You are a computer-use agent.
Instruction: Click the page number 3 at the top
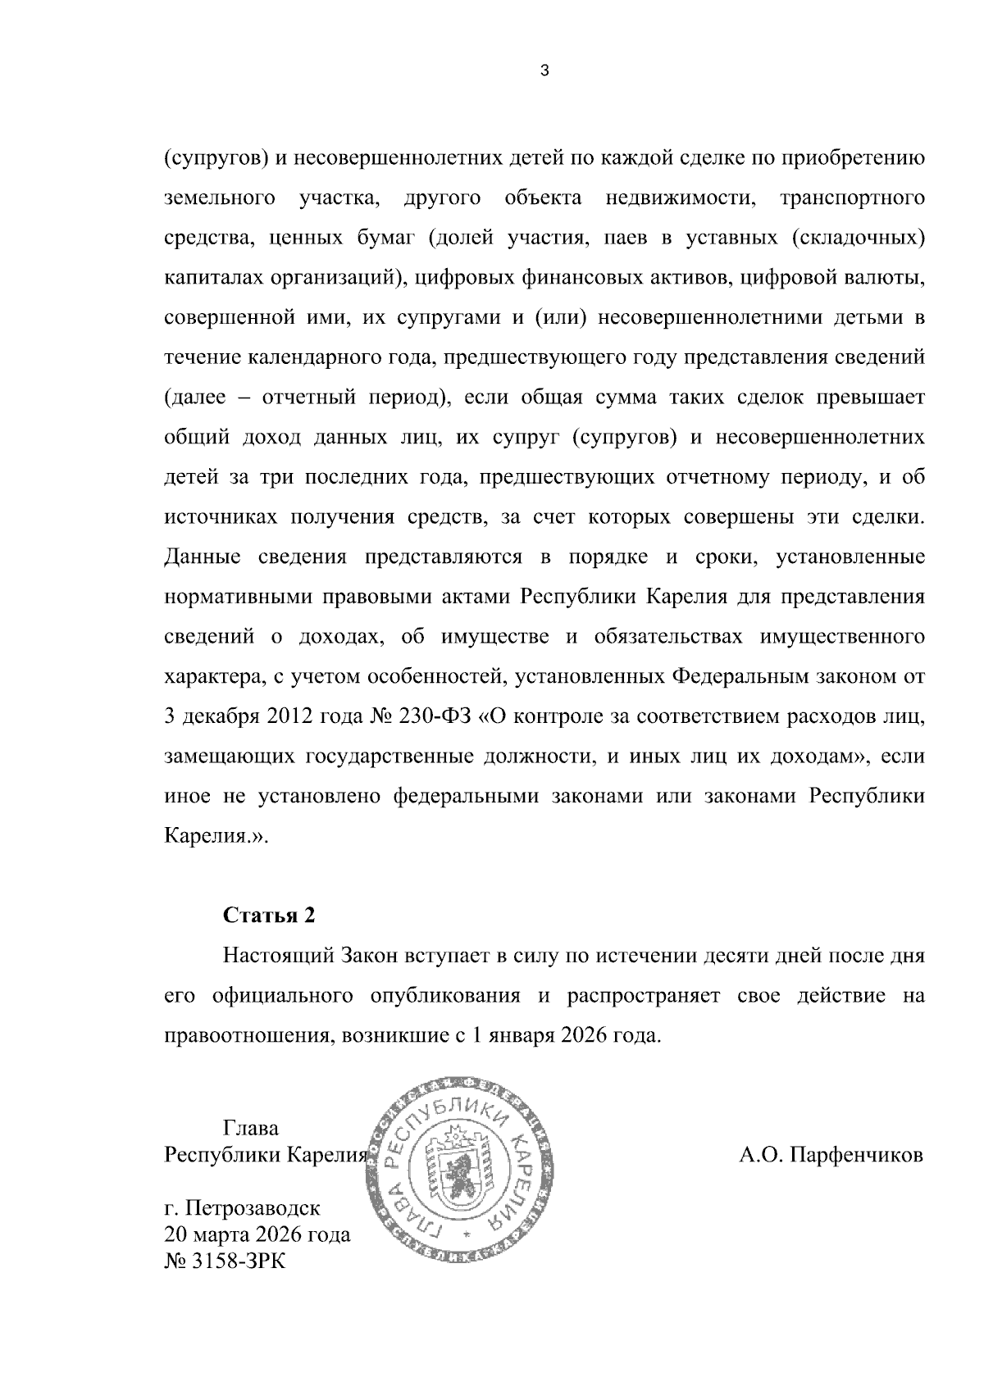[x=545, y=71]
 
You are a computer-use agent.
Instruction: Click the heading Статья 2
[x=269, y=916]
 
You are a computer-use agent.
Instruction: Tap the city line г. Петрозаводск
[x=243, y=1208]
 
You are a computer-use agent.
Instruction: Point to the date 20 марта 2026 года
[x=257, y=1234]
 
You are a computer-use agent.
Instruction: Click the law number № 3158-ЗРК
[x=225, y=1261]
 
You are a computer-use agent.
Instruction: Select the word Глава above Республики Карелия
[x=250, y=1129]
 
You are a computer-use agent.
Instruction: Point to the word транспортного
[x=853, y=198]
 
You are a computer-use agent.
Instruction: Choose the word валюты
[x=886, y=278]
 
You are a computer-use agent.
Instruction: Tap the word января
[x=523, y=1035]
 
